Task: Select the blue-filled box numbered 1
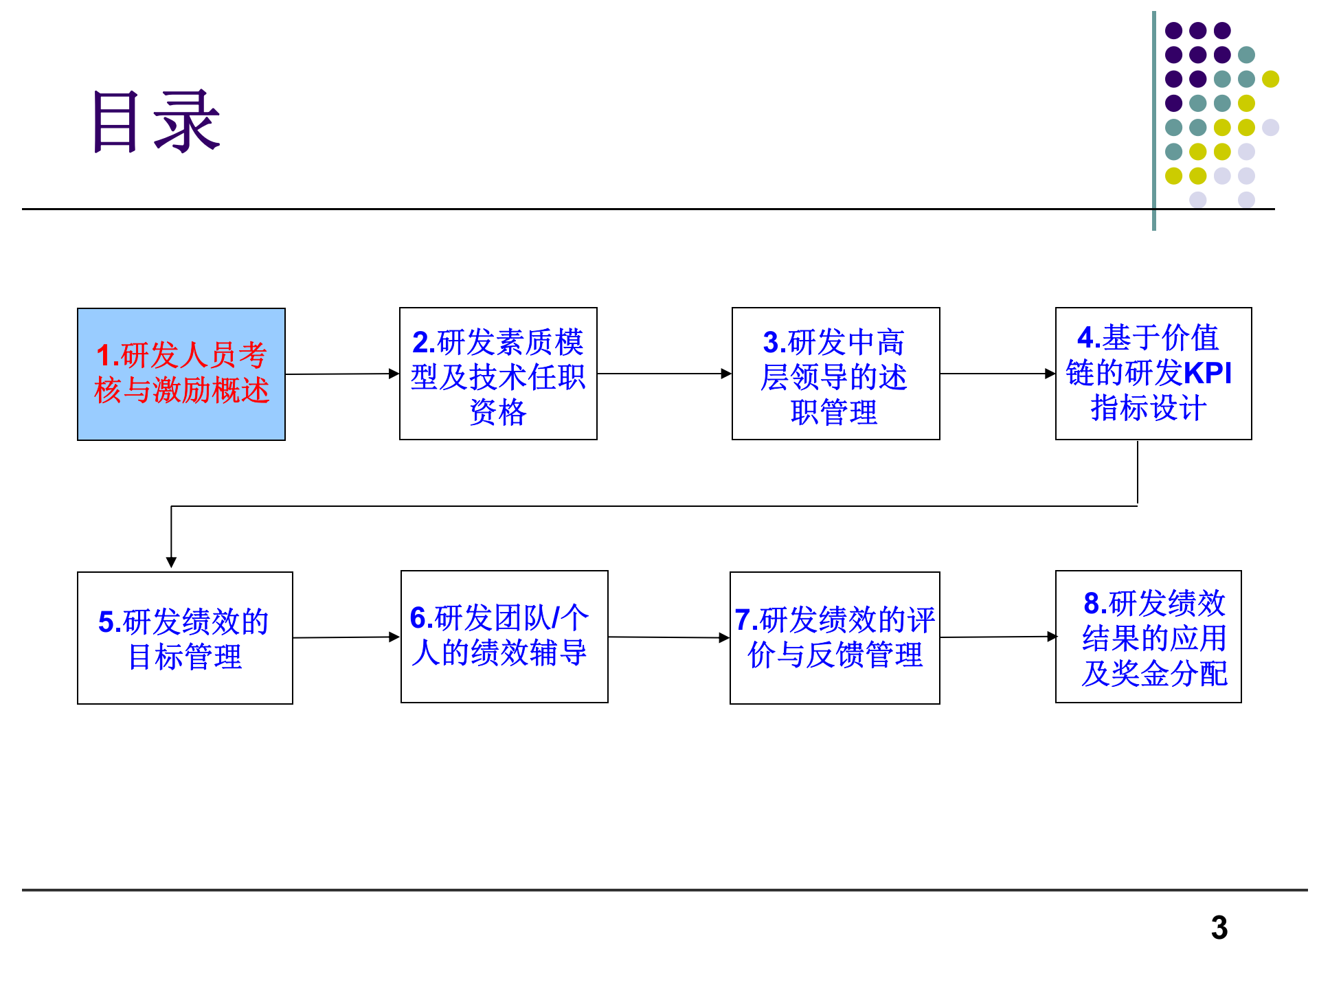[181, 374]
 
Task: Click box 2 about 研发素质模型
[498, 374]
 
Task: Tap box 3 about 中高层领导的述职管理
[835, 374]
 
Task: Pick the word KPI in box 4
[1208, 373]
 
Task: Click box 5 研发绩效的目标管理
[185, 637]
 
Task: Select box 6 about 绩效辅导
[504, 636]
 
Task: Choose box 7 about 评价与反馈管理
[835, 637]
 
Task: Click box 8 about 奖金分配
[1149, 637]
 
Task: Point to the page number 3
[1219, 928]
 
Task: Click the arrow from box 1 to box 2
[341, 374]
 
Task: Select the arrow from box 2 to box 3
[664, 374]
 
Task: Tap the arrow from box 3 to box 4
[997, 374]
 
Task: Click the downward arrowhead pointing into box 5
[171, 561]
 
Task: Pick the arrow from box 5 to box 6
[346, 637]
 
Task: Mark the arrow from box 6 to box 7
[668, 637]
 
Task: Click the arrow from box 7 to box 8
[997, 637]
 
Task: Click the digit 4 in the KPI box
[1085, 337]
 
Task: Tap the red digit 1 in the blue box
[104, 355]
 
